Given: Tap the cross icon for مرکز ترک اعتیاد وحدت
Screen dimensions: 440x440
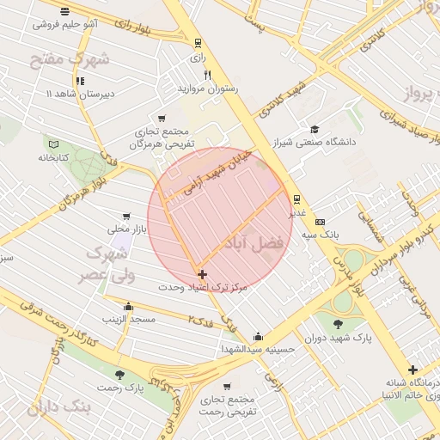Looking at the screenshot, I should pyautogui.click(x=203, y=275).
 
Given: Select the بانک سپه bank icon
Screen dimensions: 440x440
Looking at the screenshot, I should pyautogui.click(x=321, y=222).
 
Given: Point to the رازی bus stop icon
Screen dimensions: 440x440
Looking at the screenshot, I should pyautogui.click(x=199, y=43).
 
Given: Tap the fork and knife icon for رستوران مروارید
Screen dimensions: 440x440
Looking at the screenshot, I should pyautogui.click(x=207, y=76).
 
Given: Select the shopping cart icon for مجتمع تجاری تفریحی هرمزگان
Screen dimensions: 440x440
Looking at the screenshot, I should pyautogui.click(x=162, y=119).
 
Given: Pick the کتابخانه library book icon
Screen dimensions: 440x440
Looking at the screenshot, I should pyautogui.click(x=54, y=145).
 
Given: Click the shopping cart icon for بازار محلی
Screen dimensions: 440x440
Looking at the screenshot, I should pyautogui.click(x=127, y=217).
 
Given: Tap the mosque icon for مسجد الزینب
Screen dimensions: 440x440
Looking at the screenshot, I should pyautogui.click(x=129, y=307).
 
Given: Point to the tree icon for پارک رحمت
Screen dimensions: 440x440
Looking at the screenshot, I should pyautogui.click(x=119, y=375).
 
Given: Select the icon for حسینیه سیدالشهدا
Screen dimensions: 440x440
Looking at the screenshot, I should pyautogui.click(x=258, y=336).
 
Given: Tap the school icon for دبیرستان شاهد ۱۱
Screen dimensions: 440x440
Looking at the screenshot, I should pyautogui.click(x=80, y=82).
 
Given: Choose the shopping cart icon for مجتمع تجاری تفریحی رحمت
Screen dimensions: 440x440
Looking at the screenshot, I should pyautogui.click(x=227, y=387).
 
